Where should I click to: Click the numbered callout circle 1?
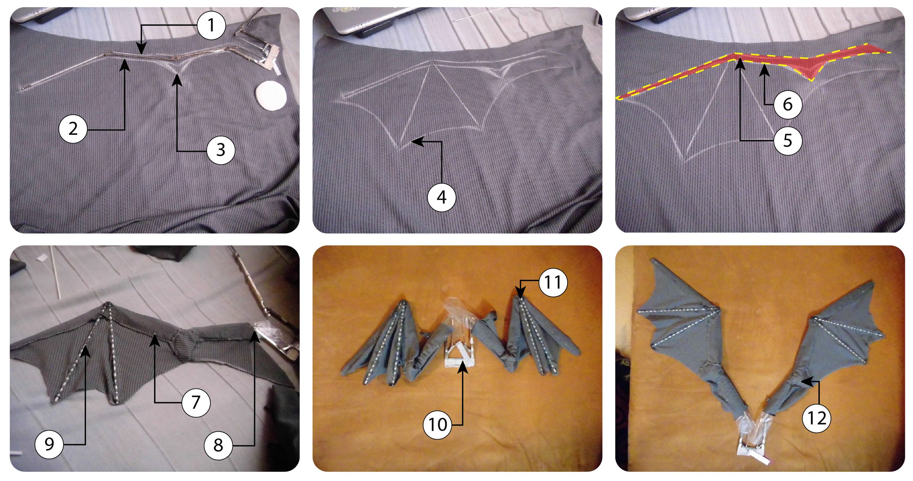(212, 25)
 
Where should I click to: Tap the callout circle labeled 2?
(73, 129)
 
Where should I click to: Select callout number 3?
(221, 150)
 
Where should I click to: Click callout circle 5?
(787, 140)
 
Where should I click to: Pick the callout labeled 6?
(787, 104)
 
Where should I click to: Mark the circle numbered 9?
(49, 444)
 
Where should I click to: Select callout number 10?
(437, 424)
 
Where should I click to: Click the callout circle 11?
(553, 282)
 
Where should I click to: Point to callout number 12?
(816, 419)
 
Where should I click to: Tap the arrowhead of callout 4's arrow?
(414, 142)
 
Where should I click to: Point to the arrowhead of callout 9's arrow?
(85, 348)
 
